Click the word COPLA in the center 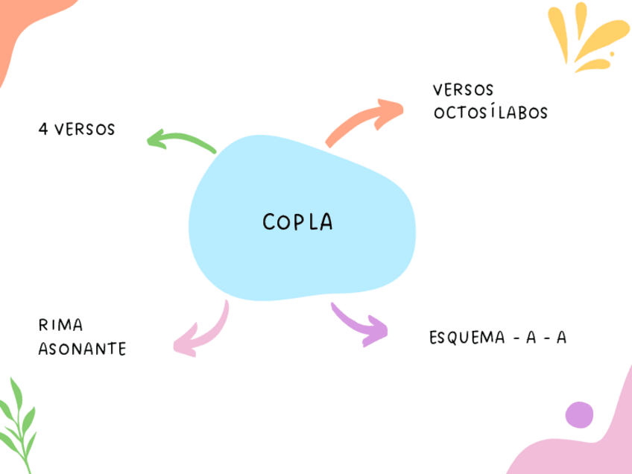[297, 222]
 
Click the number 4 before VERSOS [43, 130]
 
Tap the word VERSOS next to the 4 [85, 130]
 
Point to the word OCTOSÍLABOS [490, 113]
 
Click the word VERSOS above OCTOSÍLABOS [463, 90]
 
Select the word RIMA [60, 326]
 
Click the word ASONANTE [82, 349]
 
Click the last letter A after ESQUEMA [561, 338]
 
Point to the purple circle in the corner [579, 414]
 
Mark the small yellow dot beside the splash [612, 54]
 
